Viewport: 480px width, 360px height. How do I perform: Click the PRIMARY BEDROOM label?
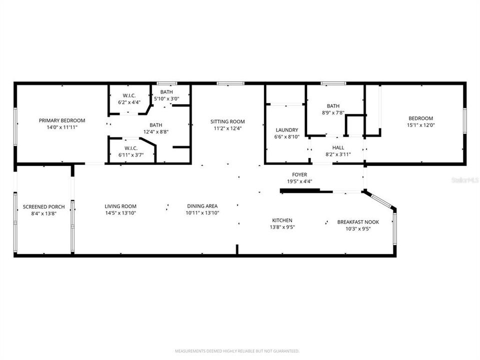[x=62, y=120]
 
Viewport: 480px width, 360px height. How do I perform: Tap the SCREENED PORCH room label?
[x=43, y=207]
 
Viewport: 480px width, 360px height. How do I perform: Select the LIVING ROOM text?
[x=120, y=206]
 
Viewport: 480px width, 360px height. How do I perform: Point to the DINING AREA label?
[x=202, y=206]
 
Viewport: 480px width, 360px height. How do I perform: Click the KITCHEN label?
[x=282, y=220]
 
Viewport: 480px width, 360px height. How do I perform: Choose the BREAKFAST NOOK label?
[x=358, y=222]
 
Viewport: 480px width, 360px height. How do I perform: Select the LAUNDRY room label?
[x=286, y=130]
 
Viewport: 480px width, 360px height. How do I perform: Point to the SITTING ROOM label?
[x=227, y=121]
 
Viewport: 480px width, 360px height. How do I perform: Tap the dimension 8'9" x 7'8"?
[x=333, y=112]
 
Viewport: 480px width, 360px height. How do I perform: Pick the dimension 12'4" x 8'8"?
[x=155, y=132]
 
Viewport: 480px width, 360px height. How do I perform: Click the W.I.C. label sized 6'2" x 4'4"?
[x=129, y=95]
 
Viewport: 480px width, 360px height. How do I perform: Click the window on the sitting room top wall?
[x=230, y=83]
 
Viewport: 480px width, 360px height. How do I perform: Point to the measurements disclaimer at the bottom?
[x=237, y=351]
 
